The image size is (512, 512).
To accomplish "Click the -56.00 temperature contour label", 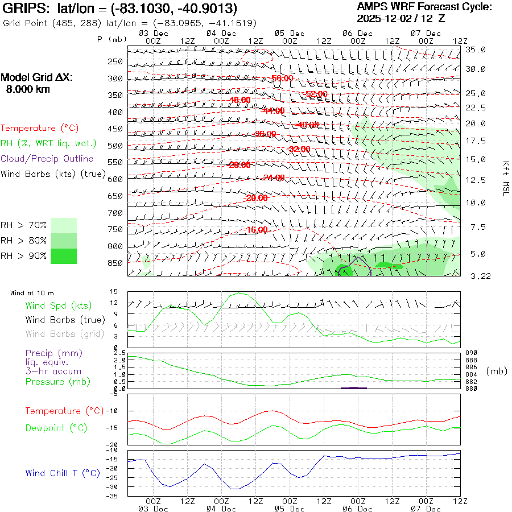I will point(282,78).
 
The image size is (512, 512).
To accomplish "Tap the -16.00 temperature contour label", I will point(257,230).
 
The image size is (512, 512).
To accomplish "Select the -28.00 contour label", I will point(239,165).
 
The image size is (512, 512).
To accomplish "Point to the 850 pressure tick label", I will point(115,263).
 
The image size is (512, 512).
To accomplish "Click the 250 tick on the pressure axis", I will point(115,61).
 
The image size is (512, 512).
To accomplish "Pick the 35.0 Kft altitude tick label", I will point(476,49).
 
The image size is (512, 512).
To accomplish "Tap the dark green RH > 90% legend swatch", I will point(64,256).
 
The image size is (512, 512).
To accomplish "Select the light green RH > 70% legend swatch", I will point(64,225).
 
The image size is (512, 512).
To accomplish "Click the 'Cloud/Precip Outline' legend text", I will point(47,159).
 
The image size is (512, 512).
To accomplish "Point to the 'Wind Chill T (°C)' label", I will point(63,473).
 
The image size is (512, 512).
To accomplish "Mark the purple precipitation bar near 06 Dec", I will point(353,387).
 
